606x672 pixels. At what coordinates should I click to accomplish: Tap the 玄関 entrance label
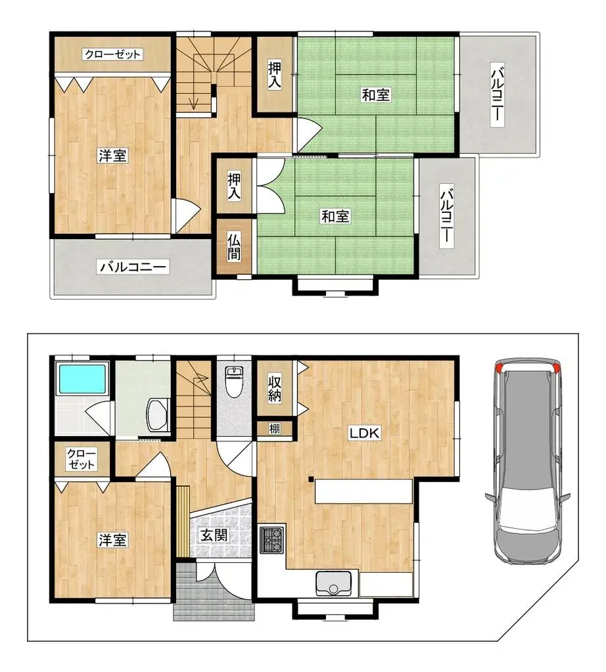tap(214, 535)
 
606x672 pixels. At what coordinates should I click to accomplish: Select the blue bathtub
tap(82, 379)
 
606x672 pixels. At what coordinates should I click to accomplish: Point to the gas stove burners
tap(272, 539)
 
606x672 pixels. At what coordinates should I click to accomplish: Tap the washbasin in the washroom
tap(157, 413)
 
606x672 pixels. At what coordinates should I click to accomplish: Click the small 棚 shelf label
tap(275, 429)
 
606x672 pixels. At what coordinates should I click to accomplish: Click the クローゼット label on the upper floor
tap(112, 55)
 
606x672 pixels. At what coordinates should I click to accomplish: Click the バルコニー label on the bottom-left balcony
tap(134, 267)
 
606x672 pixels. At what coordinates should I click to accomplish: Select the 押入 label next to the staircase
tap(275, 74)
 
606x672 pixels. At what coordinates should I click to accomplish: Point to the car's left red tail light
tap(500, 367)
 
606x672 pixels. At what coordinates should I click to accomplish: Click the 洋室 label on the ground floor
tap(113, 540)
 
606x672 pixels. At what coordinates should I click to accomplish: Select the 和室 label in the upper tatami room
tap(376, 95)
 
